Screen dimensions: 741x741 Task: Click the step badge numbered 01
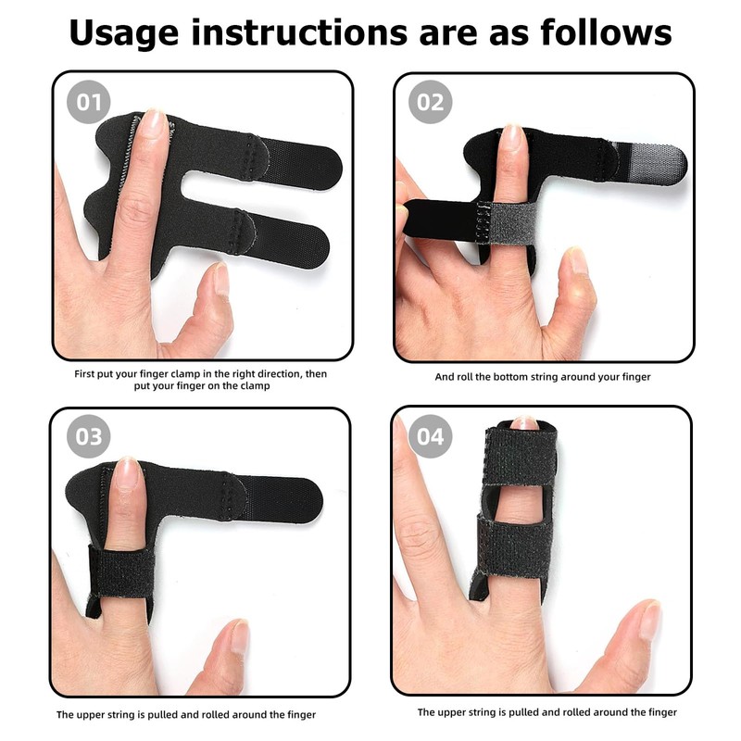(88, 102)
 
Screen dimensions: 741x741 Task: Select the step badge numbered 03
(88, 435)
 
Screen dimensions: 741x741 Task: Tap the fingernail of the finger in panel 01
(154, 124)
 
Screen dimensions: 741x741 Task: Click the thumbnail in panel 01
(221, 279)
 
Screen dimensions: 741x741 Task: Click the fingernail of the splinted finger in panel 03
(129, 476)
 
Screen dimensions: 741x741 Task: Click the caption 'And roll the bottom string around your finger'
(543, 377)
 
